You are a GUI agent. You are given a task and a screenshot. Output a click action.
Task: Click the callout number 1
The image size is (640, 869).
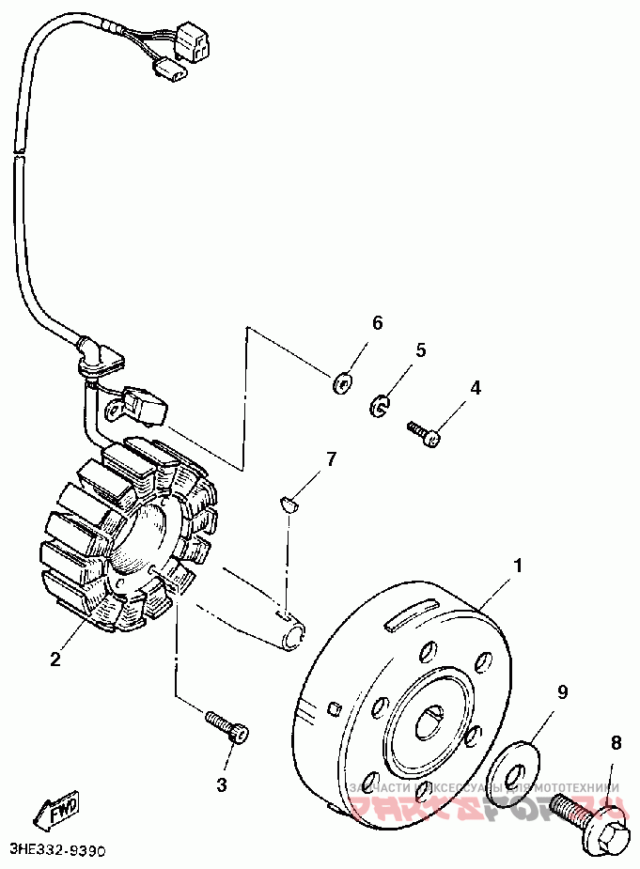tap(515, 566)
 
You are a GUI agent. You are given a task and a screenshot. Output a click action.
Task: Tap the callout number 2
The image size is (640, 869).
tap(55, 659)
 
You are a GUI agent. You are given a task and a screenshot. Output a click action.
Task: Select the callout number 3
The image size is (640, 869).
tap(223, 784)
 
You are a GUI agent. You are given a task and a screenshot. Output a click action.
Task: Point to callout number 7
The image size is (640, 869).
tap(330, 458)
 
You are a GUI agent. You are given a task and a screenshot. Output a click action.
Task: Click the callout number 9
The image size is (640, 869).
tap(562, 692)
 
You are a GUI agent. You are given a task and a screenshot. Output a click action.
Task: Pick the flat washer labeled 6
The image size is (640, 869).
tap(341, 382)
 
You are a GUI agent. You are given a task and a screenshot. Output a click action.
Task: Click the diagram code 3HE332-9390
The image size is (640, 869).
tap(55, 849)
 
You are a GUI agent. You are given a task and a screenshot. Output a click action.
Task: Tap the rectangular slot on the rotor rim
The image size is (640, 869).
tap(411, 615)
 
